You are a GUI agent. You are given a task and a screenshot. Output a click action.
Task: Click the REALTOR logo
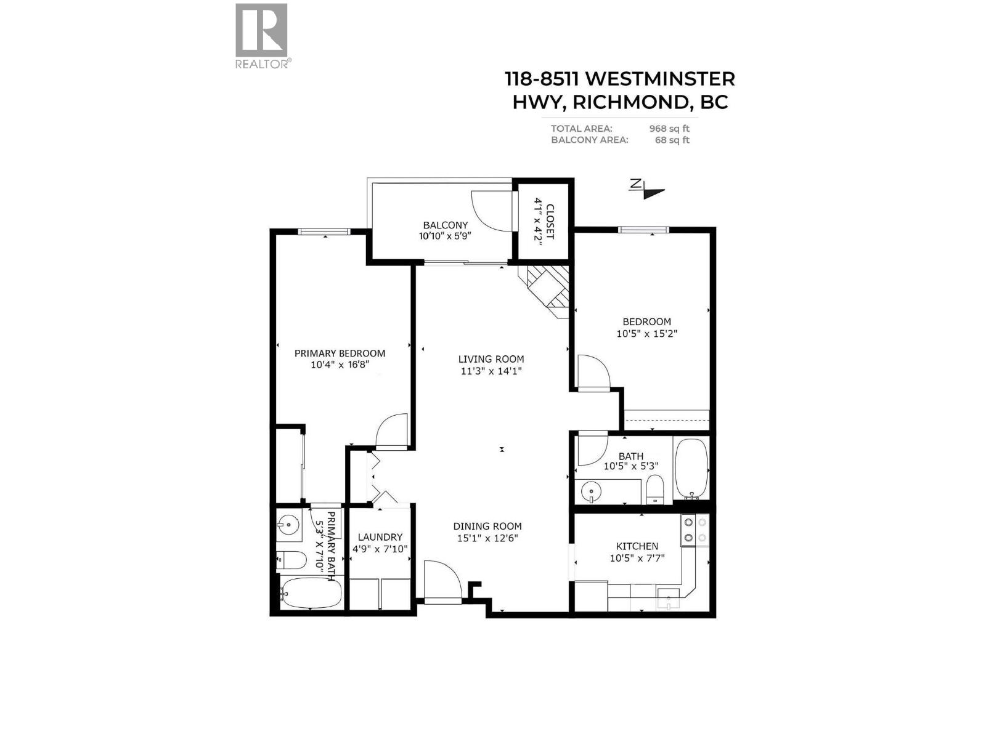tap(262, 36)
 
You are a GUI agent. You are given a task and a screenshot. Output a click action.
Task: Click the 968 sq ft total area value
tap(669, 129)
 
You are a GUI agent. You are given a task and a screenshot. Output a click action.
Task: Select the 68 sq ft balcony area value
tap(672, 140)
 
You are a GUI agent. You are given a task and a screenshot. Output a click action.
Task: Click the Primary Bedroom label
tap(340, 353)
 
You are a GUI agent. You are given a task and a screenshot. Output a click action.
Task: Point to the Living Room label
tap(491, 359)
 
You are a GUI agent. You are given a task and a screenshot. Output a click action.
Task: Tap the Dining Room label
tap(487, 527)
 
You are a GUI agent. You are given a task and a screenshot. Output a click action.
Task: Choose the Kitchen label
tap(637, 546)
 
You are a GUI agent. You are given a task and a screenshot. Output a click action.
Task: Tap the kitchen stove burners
tap(695, 530)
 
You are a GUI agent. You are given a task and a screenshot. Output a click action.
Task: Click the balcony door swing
tap(491, 211)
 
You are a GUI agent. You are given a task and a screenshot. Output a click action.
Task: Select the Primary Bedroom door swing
tap(392, 430)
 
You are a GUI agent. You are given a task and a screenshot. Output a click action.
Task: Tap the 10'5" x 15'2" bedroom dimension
tap(646, 334)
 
